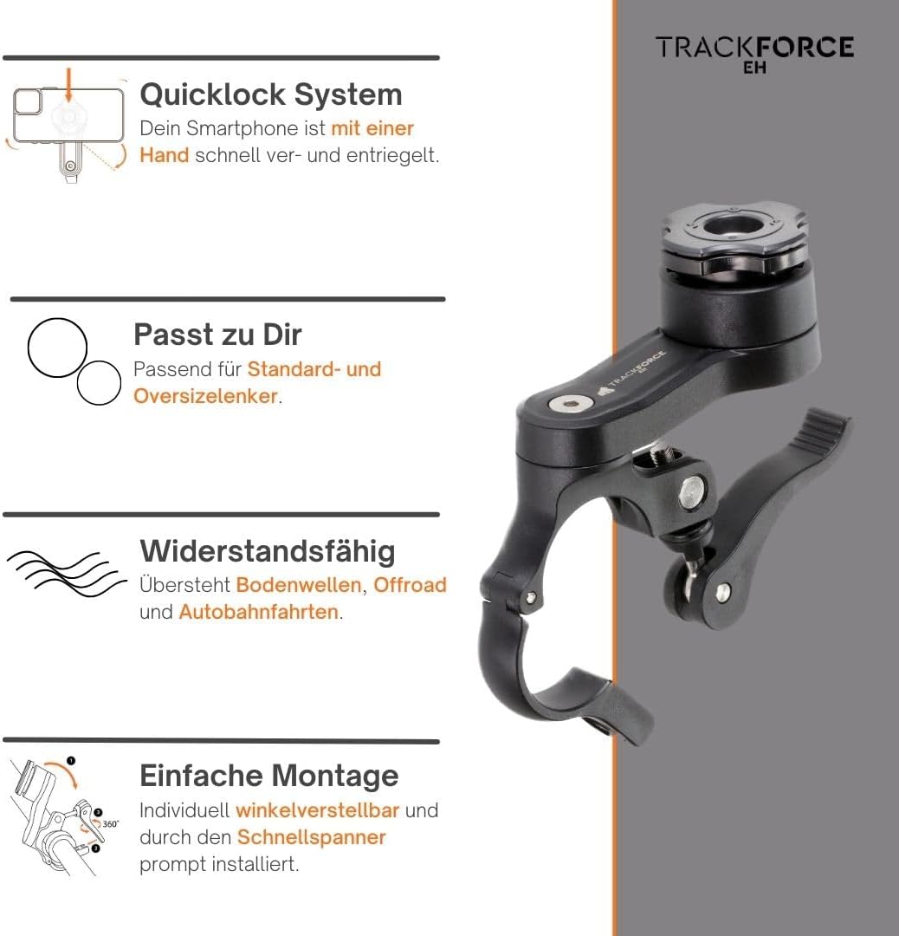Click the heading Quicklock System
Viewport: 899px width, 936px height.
[270, 94]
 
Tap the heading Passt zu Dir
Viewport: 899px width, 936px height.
[217, 335]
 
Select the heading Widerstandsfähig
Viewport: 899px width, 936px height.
[268, 551]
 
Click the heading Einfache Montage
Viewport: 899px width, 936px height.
[268, 776]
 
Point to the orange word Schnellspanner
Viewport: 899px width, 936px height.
[311, 837]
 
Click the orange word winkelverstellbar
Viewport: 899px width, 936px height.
[318, 810]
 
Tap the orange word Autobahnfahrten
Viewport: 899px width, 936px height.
[258, 612]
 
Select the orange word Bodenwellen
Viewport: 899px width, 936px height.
[298, 585]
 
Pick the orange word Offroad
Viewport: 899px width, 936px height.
[410, 585]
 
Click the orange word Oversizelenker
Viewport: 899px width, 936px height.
[205, 396]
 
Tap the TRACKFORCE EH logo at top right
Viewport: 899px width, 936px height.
[753, 52]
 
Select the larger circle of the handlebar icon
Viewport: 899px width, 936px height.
[57, 348]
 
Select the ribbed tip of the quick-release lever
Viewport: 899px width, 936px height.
[822, 430]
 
